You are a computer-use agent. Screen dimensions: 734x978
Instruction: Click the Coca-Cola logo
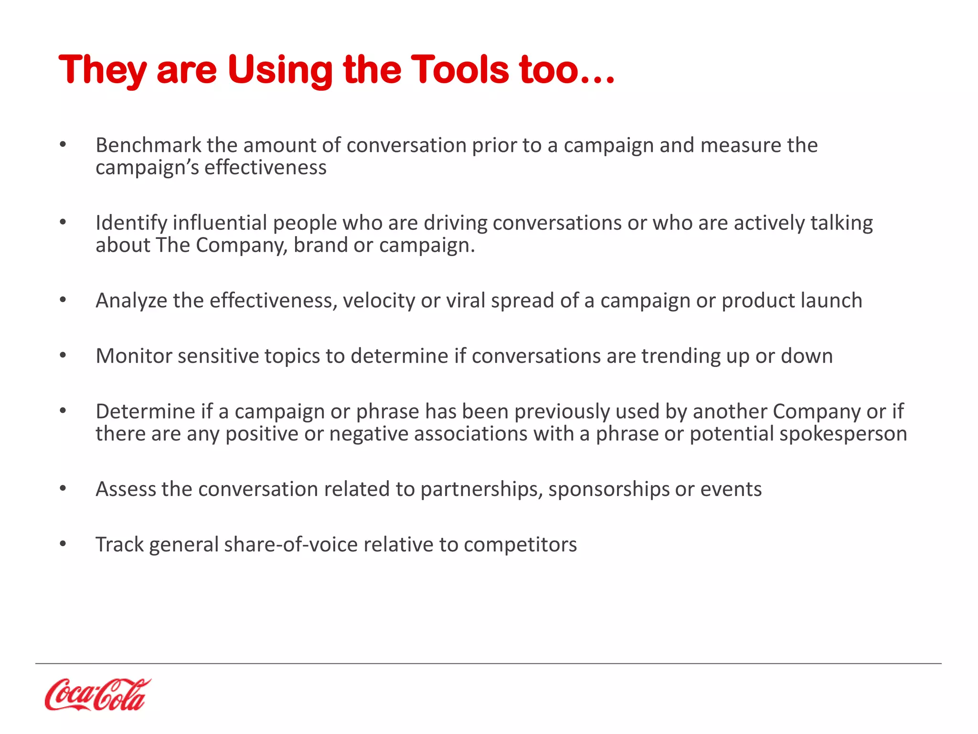(x=97, y=694)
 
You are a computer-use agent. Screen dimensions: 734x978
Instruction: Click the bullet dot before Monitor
(x=63, y=356)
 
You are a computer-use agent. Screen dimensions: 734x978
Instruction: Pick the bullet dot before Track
(x=63, y=544)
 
